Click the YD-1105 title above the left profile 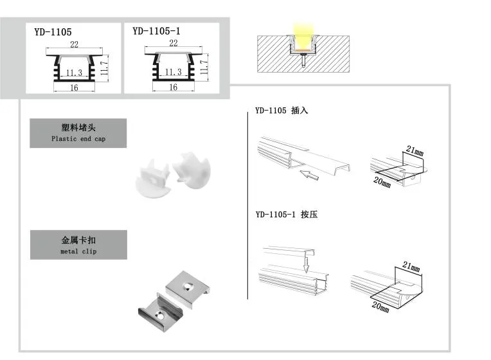(53, 30)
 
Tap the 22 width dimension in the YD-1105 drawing (74, 44)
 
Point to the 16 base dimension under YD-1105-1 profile (173, 87)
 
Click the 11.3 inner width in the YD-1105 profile (74, 73)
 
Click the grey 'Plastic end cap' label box (78, 133)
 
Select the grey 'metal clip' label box (78, 245)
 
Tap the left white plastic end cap (151, 179)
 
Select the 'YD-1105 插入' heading (281, 110)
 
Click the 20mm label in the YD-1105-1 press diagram (380, 306)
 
